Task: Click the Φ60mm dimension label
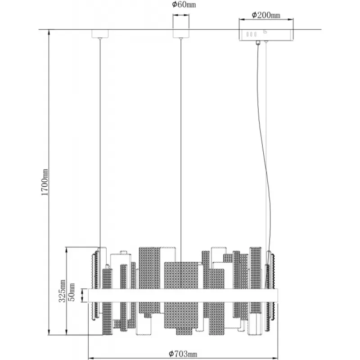point(184,4)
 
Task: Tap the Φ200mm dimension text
point(266,15)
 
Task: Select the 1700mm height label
point(45,182)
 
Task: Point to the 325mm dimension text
point(62,291)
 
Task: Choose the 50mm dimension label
point(72,292)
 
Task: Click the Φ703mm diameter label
point(183,354)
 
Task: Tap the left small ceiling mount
point(100,34)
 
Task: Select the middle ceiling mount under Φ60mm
point(181,34)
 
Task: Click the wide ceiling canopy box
point(266,35)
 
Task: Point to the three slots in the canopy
point(252,34)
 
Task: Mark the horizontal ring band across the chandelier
point(183,295)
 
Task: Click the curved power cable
point(265,161)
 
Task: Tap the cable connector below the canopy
point(258,43)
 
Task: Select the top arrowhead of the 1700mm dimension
point(49,32)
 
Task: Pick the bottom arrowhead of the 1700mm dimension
point(49,332)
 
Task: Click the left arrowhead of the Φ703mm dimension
point(91,358)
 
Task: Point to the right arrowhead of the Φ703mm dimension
point(275,358)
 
